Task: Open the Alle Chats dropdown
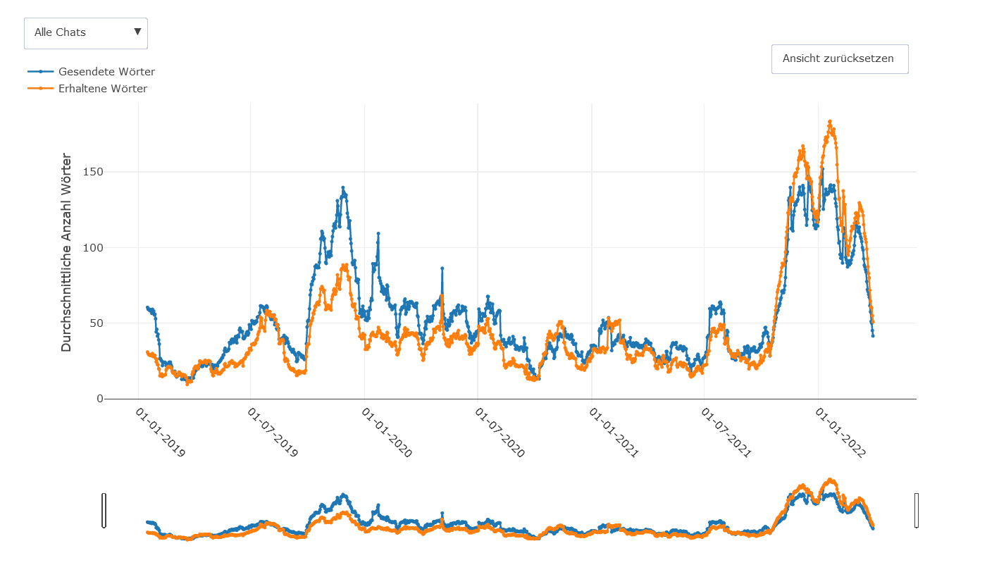tap(86, 33)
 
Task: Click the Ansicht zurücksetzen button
tap(839, 58)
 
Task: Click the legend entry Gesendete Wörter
tap(106, 72)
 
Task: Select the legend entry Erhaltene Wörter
tap(102, 89)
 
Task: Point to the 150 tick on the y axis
tap(93, 172)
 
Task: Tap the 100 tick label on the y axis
tap(93, 248)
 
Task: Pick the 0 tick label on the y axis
tap(99, 399)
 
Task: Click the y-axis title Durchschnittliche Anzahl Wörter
tap(66, 252)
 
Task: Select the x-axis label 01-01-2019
tap(161, 432)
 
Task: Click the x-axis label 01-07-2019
tap(273, 432)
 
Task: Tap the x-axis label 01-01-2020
tap(387, 432)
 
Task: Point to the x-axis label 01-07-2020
tap(500, 432)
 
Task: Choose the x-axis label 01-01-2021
tap(614, 432)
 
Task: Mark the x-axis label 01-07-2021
tap(726, 432)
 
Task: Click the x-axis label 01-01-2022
tap(840, 432)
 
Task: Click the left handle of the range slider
tap(104, 510)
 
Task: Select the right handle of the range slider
tap(917, 510)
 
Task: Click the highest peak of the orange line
tap(830, 121)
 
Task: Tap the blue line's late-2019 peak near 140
tap(343, 187)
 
